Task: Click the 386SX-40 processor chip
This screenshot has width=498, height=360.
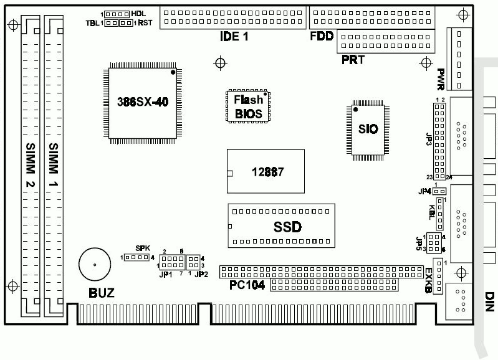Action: click(142, 103)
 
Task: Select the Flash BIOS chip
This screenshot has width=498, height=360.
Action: click(248, 107)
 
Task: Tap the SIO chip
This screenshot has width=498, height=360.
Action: click(368, 129)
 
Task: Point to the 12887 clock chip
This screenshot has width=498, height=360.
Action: click(266, 173)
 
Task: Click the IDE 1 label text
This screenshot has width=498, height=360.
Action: click(234, 36)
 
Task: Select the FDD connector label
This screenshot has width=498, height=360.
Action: click(322, 36)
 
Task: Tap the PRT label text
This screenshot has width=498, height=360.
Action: click(352, 60)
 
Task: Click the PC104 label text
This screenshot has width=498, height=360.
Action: click(247, 285)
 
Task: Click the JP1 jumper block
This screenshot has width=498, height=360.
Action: click(170, 262)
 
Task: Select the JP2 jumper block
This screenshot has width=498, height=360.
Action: click(194, 262)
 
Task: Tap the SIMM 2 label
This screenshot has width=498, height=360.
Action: click(31, 165)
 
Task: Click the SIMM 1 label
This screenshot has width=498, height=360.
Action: click(54, 165)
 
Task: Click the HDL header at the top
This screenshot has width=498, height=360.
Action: click(117, 13)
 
